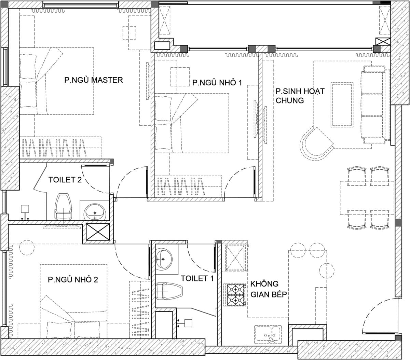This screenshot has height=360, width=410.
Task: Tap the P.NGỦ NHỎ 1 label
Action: tap(217, 82)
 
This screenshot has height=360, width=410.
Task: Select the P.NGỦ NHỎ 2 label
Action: tap(73, 279)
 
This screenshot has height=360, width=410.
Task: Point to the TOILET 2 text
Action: tap(65, 180)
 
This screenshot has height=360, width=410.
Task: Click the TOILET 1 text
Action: tap(197, 278)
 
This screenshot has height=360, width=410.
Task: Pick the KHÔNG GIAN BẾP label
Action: tap(269, 289)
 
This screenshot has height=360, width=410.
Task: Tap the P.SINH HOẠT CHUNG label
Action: tap(300, 96)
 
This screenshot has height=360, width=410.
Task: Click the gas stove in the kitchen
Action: tap(235, 295)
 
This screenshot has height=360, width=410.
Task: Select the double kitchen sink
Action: tap(268, 334)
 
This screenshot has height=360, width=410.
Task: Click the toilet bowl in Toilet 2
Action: tap(63, 207)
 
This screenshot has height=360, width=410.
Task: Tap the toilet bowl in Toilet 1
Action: tap(169, 291)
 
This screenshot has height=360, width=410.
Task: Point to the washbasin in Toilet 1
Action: tap(164, 259)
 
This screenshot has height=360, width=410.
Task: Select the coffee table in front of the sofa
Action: tap(342, 105)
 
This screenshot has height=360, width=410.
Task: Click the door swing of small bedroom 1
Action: tap(239, 180)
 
